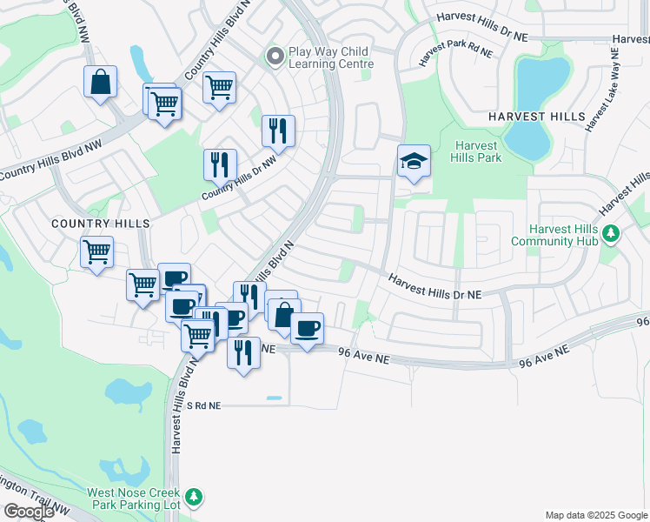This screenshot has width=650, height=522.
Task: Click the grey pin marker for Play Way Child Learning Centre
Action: point(275,57)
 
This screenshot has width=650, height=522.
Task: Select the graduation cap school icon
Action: point(414,162)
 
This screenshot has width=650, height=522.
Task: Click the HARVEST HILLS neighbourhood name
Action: point(535,117)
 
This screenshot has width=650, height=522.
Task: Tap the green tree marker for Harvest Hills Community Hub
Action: point(611,233)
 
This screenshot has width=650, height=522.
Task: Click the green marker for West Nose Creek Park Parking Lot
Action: point(195,497)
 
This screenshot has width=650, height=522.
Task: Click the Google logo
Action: point(29,512)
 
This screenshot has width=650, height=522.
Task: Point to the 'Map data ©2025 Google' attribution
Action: point(596,515)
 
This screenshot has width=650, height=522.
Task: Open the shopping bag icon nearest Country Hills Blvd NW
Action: point(101,83)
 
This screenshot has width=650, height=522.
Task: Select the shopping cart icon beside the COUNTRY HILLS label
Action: point(97,252)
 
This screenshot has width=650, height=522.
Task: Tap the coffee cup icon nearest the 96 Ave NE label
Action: point(307,329)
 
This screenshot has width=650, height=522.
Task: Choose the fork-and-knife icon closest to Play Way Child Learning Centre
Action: point(278,131)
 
